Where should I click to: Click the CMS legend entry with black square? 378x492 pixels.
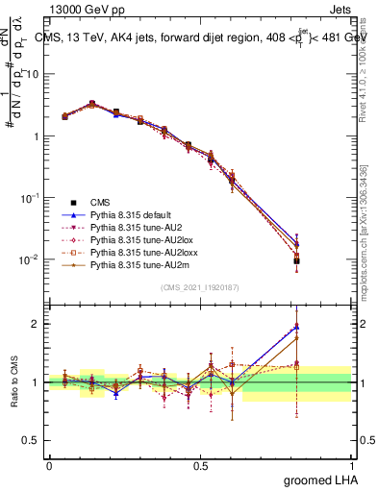click(100, 201)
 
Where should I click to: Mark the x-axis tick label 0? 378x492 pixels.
click(49, 464)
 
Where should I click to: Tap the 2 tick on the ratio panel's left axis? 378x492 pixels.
click(38, 324)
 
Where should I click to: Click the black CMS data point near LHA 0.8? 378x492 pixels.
click(296, 260)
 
